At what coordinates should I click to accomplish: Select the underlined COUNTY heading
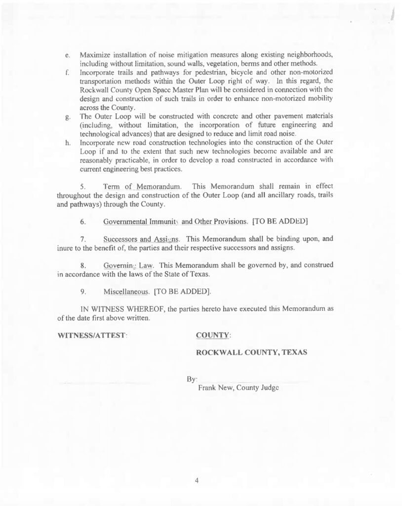[213, 335]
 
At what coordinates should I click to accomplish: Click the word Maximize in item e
[96, 54]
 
